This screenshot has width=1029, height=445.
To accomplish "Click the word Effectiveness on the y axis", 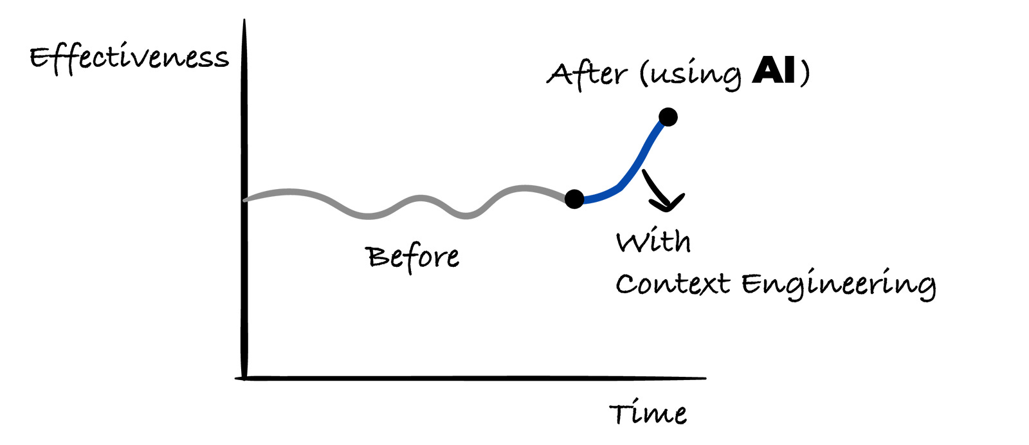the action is pyautogui.click(x=129, y=59).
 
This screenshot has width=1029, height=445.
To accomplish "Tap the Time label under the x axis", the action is pyautogui.click(x=648, y=413).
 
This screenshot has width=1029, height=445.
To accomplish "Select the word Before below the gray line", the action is pyautogui.click(x=413, y=257).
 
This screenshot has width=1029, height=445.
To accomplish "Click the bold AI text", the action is pyautogui.click(x=774, y=70).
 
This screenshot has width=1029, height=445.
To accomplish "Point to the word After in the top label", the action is pyautogui.click(x=586, y=73).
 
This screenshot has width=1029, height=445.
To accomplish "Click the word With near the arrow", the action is pyautogui.click(x=653, y=242).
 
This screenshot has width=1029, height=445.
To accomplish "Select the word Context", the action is pyautogui.click(x=673, y=284).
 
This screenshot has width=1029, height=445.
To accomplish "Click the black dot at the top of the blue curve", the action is pyautogui.click(x=668, y=117).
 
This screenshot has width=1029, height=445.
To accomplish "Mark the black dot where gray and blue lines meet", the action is pyautogui.click(x=574, y=199).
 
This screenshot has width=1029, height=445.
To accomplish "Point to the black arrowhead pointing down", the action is pyautogui.click(x=667, y=204).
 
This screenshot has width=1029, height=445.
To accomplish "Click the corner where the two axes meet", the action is pyautogui.click(x=244, y=378).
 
